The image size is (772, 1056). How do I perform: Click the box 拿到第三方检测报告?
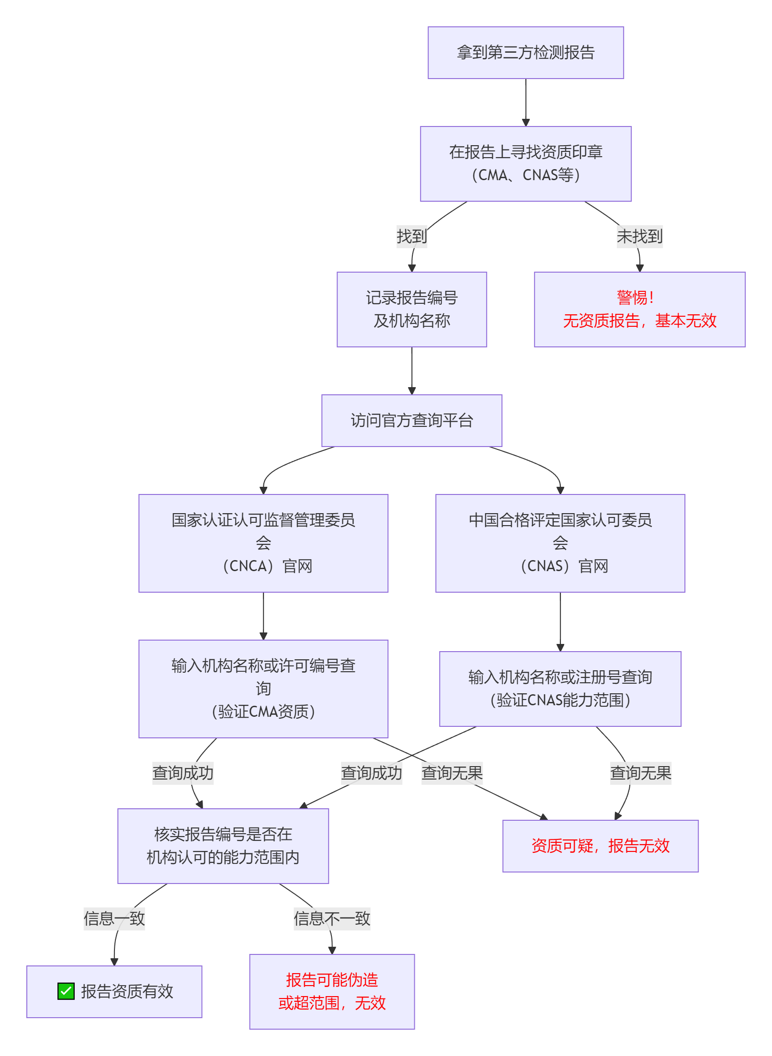point(525,53)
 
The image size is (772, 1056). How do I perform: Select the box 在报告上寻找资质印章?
point(525,164)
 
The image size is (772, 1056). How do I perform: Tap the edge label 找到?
point(411,236)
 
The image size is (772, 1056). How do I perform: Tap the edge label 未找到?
point(639,236)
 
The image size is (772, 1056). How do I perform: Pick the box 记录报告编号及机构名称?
point(411,310)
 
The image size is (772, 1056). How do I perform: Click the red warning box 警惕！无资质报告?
point(639,310)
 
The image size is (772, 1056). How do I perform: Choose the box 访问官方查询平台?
point(411,421)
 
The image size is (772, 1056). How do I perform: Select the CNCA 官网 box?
point(263,543)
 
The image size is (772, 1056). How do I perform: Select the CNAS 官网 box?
point(560,543)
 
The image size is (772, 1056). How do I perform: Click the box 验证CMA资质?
point(263,689)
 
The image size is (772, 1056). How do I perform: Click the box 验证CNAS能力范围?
point(560,689)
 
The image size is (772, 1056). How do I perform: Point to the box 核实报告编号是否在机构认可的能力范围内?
point(223,846)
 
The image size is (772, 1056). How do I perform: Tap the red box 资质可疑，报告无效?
point(600,846)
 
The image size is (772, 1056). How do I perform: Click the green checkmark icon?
point(66,991)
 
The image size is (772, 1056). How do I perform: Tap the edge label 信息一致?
point(114,918)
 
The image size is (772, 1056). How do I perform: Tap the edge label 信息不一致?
point(332,918)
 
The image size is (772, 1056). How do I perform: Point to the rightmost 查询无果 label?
point(640,773)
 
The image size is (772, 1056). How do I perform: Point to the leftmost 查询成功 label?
point(182,773)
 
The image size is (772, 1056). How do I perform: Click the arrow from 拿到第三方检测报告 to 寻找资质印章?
point(525,103)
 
